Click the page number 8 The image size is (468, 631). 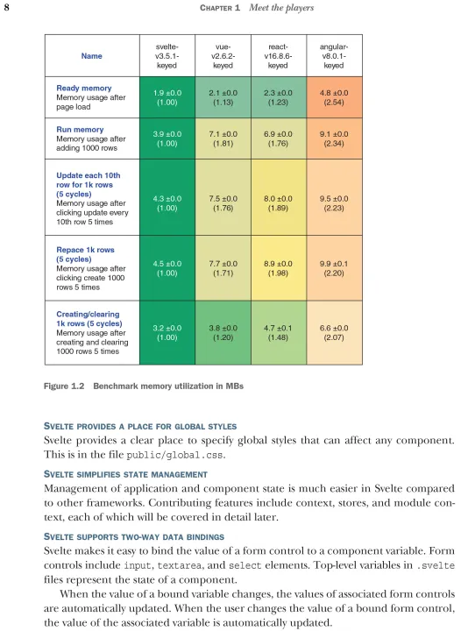click(6, 8)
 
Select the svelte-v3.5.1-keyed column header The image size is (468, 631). click(167, 56)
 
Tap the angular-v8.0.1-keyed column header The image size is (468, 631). click(334, 56)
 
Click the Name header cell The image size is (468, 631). click(92, 56)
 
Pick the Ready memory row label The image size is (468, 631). click(84, 88)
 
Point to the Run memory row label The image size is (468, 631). click(80, 129)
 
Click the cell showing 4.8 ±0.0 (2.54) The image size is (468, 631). click(334, 97)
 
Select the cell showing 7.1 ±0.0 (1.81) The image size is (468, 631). click(223, 138)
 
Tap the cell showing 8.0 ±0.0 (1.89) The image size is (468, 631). click(278, 203)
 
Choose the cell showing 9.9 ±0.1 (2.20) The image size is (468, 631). click(334, 268)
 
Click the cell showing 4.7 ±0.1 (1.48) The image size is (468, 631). click(278, 333)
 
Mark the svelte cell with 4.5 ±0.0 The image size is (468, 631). click(167, 268)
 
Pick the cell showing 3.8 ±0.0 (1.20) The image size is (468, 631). click(223, 333)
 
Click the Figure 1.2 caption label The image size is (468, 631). click(64, 386)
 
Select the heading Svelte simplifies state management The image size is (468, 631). click(125, 474)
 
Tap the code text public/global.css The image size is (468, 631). click(174, 455)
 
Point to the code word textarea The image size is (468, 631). click(180, 565)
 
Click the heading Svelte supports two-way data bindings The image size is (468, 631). click(134, 537)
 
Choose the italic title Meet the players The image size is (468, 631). click(281, 8)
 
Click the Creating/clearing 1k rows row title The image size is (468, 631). click(89, 319)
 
